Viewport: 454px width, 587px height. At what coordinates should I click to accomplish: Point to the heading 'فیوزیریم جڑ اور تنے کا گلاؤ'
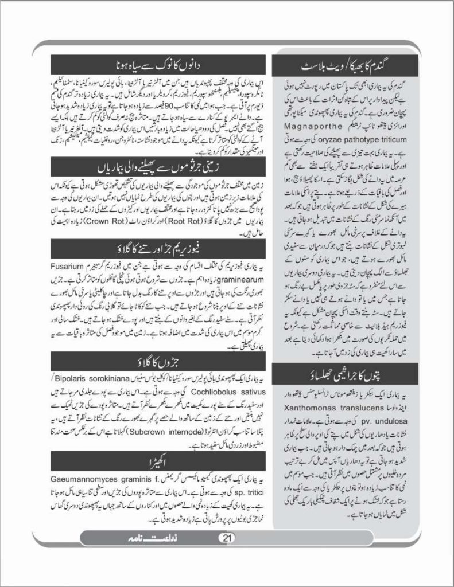tap(158, 248)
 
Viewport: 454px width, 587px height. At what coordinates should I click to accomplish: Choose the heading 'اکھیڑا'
tap(158, 460)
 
